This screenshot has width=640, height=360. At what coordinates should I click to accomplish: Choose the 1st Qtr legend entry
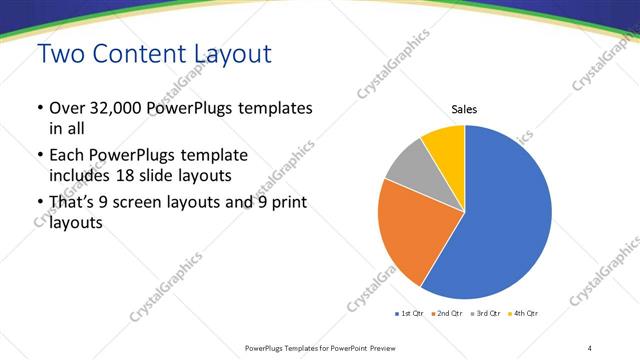click(410, 314)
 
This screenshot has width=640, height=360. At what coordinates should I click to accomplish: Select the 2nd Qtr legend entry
click(448, 314)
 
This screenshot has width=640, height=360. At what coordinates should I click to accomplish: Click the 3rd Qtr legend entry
click(486, 314)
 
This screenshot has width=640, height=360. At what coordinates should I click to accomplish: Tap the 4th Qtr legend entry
click(524, 314)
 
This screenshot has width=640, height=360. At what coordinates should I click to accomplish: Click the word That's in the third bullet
click(73, 204)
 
